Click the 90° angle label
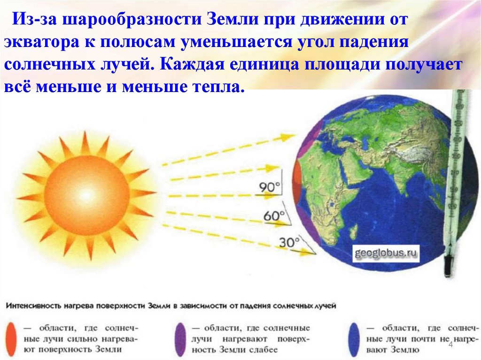[x=269, y=187]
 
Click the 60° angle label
[x=274, y=215]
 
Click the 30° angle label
[x=289, y=242]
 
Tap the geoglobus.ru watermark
[x=386, y=254]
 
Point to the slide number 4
[x=451, y=345]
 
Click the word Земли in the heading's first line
[x=238, y=20]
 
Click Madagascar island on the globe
[x=353, y=230]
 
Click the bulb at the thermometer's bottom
[x=448, y=267]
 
